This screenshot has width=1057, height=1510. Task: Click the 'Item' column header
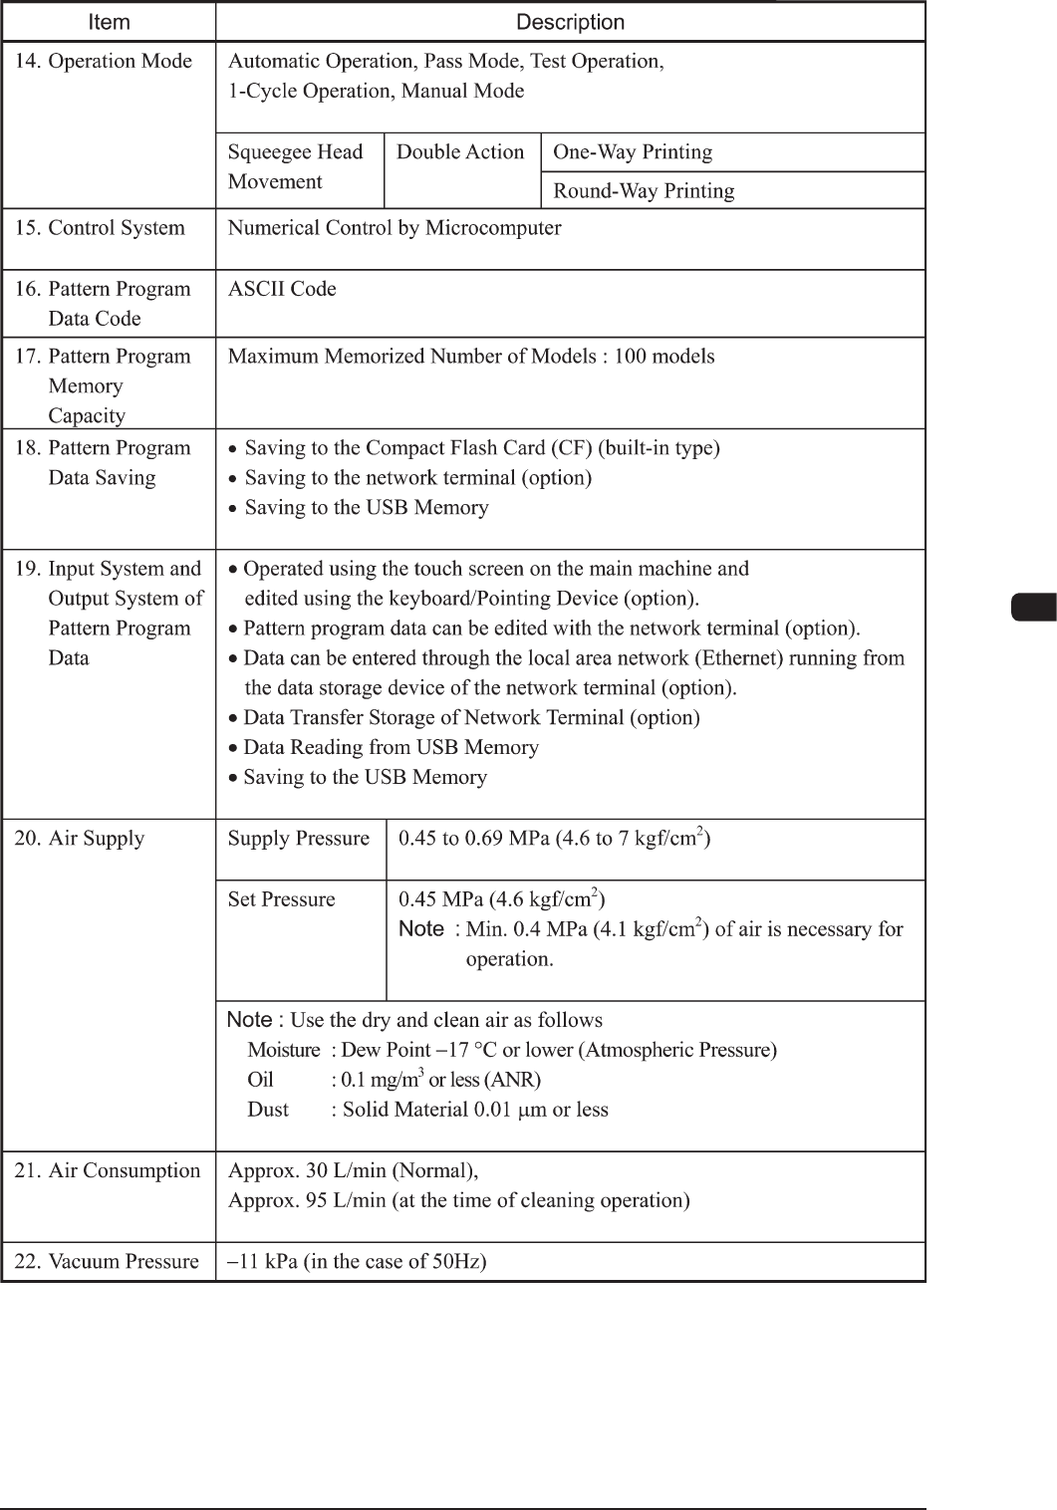pos(109,22)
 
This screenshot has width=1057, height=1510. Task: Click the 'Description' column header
pos(570,22)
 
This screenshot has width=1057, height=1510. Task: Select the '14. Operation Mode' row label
pos(103,62)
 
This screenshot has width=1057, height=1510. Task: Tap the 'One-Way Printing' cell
pos(633,152)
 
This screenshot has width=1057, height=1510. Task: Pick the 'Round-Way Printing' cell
pos(644,191)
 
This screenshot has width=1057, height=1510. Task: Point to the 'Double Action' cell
pos(460,152)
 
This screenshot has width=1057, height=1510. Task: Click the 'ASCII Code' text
pos(282,290)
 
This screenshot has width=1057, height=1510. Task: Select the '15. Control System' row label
pos(100,228)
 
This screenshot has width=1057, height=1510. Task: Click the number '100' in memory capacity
pos(631,357)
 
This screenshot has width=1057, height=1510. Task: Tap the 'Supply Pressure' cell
pos(299,839)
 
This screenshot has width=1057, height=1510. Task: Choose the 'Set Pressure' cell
pos(282,899)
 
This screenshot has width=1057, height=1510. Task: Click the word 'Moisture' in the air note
pos(284,1050)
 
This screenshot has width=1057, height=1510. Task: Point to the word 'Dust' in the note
pos(268,1110)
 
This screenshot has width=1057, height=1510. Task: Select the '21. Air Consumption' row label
pos(108,1171)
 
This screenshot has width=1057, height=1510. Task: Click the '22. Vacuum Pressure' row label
pos(107,1262)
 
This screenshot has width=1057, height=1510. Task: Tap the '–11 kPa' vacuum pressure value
pos(264,1262)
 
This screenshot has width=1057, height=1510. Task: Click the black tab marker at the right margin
pos(1033,607)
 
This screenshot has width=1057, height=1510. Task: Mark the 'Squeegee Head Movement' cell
pos(295,166)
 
